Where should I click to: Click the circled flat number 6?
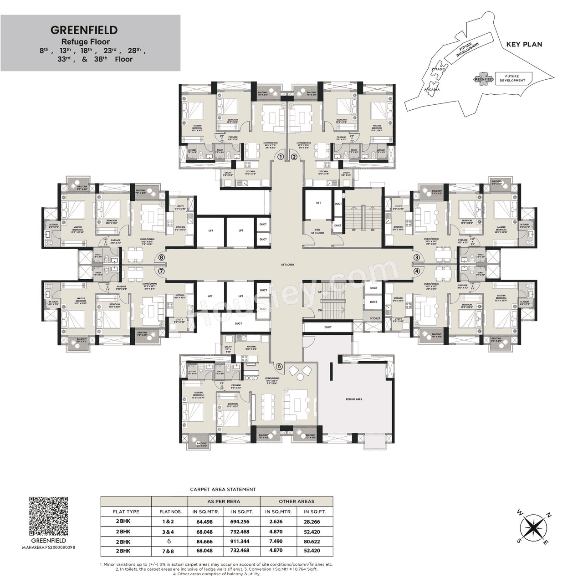coord(280,366)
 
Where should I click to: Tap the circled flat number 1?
coord(281,157)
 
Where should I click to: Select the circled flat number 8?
coord(161,257)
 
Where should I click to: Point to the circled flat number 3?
coord(416,257)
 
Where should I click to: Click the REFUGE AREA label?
coord(354,399)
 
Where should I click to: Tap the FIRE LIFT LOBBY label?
coord(318,231)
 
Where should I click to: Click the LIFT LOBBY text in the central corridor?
coord(288,265)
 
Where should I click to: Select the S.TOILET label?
coord(375,318)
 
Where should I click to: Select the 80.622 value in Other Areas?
coord(312,541)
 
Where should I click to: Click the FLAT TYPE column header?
coord(126,511)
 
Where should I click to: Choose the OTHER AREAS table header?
coord(297,501)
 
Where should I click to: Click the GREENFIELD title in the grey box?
coord(84,30)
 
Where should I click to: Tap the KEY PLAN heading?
coord(524,44)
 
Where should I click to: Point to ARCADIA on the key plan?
coord(431,90)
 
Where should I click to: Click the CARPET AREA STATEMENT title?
coord(223,489)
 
